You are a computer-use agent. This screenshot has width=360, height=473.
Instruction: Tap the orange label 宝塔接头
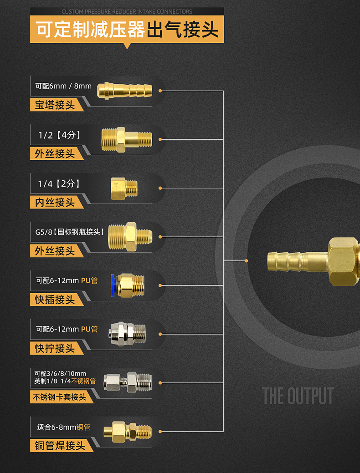click(x=55, y=105)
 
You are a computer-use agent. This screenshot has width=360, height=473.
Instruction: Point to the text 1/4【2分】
click(x=59, y=183)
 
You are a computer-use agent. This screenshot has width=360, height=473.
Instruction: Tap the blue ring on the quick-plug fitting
click(x=113, y=285)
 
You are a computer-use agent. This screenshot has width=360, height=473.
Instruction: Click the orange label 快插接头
click(x=55, y=300)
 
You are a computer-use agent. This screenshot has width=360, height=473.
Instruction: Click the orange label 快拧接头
click(x=55, y=348)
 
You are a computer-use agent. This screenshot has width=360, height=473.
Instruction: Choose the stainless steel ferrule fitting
click(x=127, y=381)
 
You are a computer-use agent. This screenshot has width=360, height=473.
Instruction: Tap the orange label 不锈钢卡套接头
click(x=60, y=397)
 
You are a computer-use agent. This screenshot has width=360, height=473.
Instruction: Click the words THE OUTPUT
click(x=298, y=396)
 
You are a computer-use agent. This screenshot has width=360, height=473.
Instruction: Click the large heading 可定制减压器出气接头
click(x=127, y=30)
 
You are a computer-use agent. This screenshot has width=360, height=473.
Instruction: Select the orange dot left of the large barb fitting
click(x=247, y=261)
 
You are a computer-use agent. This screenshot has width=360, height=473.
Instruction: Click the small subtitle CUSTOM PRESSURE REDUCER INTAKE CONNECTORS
click(x=127, y=11)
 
